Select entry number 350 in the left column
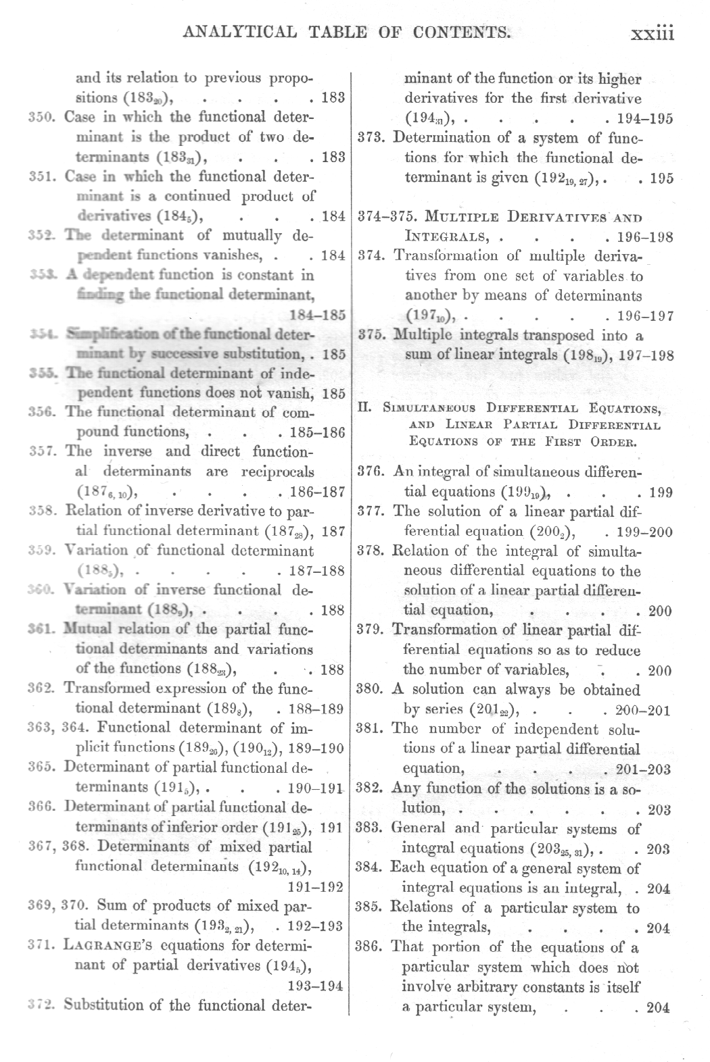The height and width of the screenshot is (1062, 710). pos(42,117)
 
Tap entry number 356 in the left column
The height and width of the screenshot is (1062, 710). pos(43,412)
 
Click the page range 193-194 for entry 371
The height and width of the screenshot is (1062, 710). pos(315,985)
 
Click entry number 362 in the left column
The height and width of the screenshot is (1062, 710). pos(42,689)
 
